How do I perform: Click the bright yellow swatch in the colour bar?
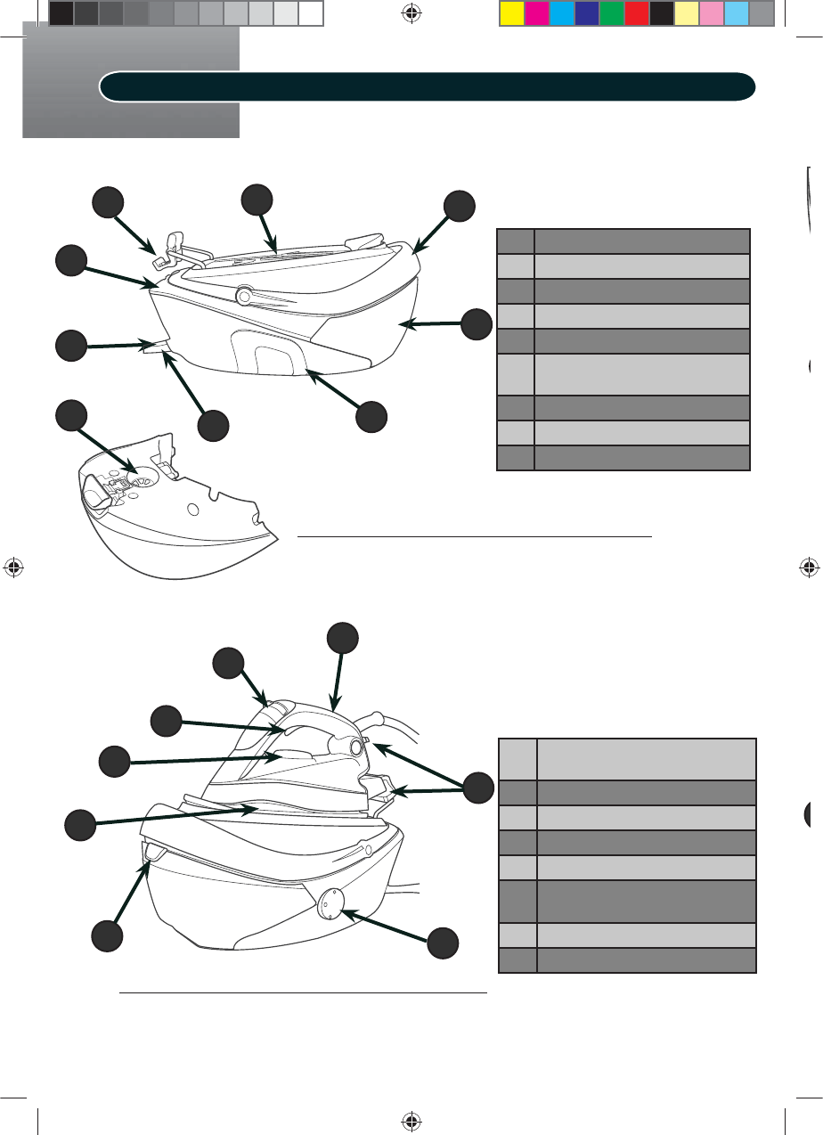click(511, 13)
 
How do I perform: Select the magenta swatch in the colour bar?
click(536, 13)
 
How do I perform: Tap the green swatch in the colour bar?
click(611, 13)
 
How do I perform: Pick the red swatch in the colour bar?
click(636, 13)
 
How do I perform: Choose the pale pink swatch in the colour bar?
click(711, 13)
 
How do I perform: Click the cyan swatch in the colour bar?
click(561, 13)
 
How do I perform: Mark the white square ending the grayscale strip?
click(310, 13)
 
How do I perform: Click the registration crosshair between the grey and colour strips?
click(411, 13)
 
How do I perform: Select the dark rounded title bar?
click(428, 86)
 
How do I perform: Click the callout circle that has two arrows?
click(478, 787)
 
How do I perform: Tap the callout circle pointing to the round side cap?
click(444, 943)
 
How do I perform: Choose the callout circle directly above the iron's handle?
click(342, 639)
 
